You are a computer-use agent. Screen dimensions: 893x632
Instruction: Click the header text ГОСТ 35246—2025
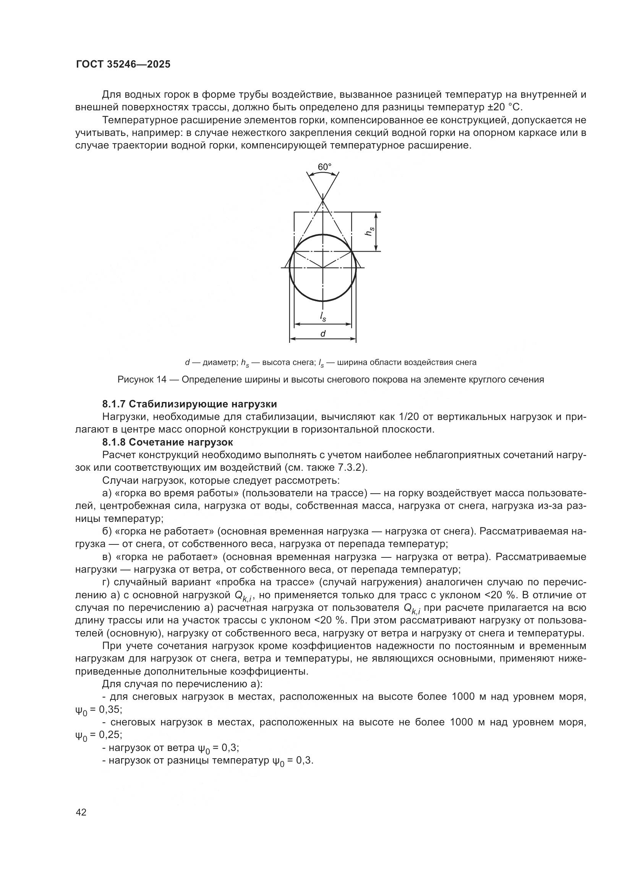[123, 65]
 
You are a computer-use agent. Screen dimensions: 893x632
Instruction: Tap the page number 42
[81, 812]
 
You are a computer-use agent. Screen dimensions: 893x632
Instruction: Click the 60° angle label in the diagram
[324, 167]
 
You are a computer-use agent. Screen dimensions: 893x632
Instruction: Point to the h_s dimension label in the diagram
[369, 231]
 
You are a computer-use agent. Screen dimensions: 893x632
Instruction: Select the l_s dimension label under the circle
[323, 317]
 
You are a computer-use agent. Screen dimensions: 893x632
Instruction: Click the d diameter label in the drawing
[322, 333]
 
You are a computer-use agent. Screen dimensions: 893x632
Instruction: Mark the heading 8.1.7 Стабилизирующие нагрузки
[190, 404]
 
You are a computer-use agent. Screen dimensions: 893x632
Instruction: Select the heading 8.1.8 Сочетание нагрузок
[168, 442]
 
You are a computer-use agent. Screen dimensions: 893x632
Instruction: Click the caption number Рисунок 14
[142, 379]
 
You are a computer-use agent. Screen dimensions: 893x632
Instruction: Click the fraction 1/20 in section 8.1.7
[410, 417]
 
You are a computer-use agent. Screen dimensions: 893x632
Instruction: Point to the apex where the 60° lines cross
[322, 200]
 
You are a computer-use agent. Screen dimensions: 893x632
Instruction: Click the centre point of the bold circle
[322, 268]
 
